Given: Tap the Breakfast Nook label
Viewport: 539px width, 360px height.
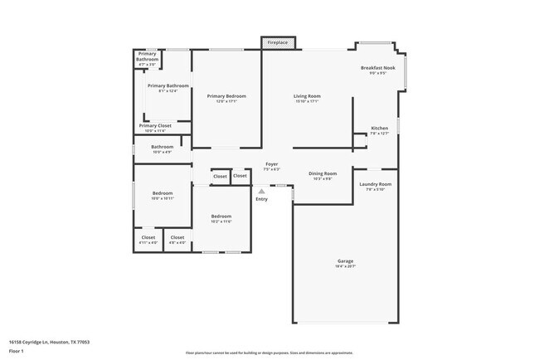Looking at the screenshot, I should tap(377, 68).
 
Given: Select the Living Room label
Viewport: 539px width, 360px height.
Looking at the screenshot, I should tap(307, 96).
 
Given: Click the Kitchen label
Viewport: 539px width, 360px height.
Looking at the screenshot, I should tap(379, 129).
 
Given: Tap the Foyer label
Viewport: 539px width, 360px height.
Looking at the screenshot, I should tap(271, 164).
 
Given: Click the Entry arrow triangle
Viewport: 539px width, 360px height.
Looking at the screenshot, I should tap(262, 192).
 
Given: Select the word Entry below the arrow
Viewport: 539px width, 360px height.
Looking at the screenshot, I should tap(262, 199).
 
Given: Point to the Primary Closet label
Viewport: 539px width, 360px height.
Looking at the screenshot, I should tap(153, 126).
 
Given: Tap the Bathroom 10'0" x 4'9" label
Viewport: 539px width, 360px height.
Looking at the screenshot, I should tap(162, 147).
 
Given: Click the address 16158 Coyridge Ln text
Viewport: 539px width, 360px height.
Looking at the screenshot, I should tap(49, 342).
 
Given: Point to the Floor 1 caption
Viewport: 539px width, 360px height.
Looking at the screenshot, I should tap(17, 350).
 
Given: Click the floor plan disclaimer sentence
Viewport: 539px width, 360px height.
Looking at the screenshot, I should tap(269, 353).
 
